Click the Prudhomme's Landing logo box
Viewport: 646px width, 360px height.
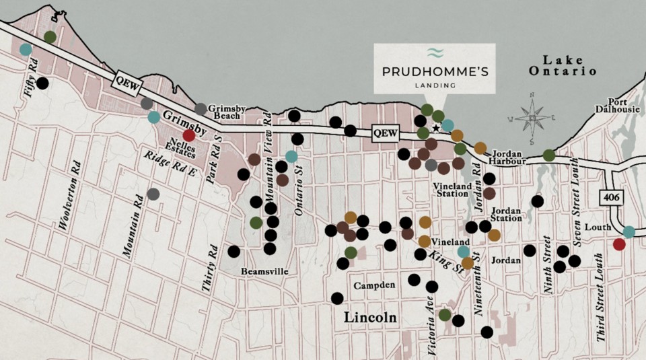435,68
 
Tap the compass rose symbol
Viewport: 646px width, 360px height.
532,118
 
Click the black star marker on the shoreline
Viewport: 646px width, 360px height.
436,128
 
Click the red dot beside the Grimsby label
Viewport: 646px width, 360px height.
189,135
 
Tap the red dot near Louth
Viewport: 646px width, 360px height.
619,244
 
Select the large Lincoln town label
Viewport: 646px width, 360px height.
370,317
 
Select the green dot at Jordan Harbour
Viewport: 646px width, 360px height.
549,155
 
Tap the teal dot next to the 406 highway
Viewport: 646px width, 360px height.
629,231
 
